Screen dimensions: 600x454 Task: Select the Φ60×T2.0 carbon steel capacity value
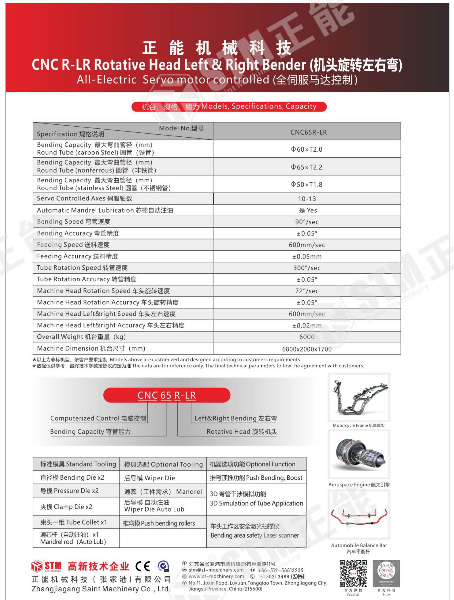click(307, 149)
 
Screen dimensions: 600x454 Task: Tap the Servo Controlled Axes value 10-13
click(307, 199)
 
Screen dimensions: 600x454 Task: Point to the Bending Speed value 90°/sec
click(307, 222)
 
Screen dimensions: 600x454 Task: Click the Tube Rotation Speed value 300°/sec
click(307, 268)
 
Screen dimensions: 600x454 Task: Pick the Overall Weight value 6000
click(307, 337)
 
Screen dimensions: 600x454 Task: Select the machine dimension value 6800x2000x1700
click(307, 349)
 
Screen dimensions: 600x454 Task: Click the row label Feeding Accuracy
click(78, 256)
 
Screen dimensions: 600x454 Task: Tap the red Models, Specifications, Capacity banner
click(229, 107)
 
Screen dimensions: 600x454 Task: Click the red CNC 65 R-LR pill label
click(167, 395)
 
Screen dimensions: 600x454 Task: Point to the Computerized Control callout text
click(98, 418)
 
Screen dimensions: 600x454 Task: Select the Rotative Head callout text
click(242, 432)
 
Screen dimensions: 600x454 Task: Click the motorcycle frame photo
click(359, 398)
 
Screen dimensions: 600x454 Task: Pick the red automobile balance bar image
click(359, 516)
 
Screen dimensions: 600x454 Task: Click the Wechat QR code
click(353, 574)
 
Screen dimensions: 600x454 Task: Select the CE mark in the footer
click(143, 566)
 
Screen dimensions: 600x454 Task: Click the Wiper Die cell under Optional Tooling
click(150, 478)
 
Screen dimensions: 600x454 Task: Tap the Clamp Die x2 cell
click(66, 507)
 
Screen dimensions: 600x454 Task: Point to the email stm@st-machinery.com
click(216, 570)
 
